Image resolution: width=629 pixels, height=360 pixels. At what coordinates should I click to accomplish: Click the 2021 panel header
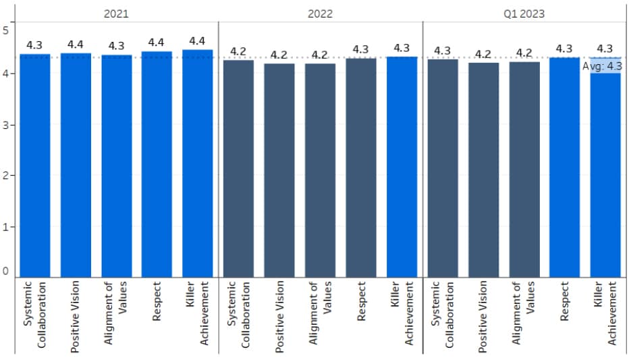[116, 14]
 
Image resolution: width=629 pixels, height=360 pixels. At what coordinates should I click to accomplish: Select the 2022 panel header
[320, 14]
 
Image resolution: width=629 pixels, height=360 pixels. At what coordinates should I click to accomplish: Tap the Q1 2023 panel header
[524, 14]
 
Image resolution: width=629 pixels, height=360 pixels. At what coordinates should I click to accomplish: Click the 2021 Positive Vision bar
[76, 165]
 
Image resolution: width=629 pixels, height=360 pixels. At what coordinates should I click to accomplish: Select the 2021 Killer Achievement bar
[197, 163]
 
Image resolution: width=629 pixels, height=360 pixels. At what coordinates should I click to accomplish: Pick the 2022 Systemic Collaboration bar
[238, 169]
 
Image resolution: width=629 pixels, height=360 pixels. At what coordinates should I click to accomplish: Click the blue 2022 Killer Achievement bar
[402, 167]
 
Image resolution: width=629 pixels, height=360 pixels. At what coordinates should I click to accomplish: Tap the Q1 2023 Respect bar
[564, 168]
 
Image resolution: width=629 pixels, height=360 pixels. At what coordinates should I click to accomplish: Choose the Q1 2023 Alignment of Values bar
[524, 170]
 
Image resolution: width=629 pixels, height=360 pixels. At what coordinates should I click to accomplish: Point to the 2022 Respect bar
[361, 168]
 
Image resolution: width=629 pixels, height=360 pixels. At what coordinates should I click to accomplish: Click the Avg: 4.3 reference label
[602, 66]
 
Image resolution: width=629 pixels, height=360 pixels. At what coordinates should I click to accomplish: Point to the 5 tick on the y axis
[5, 30]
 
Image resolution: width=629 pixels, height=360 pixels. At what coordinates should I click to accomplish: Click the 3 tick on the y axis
[5, 125]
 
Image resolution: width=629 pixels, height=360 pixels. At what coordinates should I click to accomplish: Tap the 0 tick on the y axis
[5, 272]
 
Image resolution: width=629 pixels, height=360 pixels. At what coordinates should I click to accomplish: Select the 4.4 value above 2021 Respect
[156, 43]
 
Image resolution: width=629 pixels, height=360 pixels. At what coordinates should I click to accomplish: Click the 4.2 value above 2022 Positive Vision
[279, 55]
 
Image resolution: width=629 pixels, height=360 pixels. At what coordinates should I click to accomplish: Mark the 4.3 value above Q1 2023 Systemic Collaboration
[442, 51]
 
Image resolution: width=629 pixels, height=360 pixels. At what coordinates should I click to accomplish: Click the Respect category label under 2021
[157, 301]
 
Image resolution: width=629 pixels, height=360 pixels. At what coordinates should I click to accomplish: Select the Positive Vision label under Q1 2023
[482, 317]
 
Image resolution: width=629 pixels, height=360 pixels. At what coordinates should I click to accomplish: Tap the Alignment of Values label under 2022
[320, 313]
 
